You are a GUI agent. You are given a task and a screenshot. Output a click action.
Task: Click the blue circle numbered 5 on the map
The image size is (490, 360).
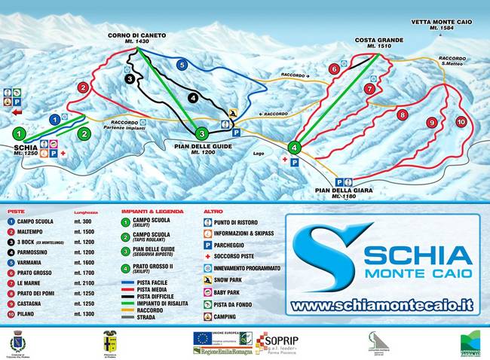[x=182, y=66]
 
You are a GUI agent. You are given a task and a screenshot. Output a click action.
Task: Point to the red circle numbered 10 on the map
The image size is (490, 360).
[x=460, y=121]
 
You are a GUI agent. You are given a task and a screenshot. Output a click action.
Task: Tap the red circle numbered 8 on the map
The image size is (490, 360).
[x=403, y=115]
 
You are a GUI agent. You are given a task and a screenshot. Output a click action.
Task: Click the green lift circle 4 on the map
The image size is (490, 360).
[x=295, y=147]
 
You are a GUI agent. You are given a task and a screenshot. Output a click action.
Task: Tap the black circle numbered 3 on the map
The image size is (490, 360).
[x=130, y=78]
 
